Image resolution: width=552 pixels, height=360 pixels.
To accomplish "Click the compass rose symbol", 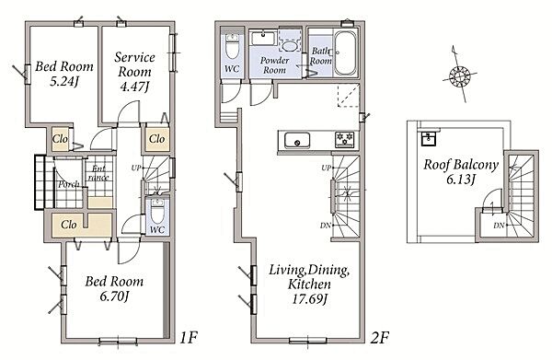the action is (459, 75).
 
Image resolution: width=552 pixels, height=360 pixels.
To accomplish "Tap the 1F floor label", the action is (188, 338).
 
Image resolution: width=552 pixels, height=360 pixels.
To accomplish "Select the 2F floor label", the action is (379, 338).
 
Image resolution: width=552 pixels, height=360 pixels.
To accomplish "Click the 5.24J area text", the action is (63, 81).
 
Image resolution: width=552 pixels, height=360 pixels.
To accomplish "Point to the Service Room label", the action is (134, 64).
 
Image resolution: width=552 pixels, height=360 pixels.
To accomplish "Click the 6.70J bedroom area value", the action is (113, 296).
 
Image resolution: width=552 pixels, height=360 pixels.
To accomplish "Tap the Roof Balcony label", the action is (461, 164).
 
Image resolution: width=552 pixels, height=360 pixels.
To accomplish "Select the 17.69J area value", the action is (309, 299).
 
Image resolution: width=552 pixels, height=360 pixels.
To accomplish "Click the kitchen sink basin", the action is (297, 140).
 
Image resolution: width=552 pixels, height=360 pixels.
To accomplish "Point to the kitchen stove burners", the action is (345, 139).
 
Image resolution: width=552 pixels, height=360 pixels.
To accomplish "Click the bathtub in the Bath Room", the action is (345, 53).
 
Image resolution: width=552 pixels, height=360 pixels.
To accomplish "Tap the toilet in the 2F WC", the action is (232, 46).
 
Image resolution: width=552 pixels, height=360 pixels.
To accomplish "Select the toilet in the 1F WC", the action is (157, 211).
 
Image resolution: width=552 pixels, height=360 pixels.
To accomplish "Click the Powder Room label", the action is (274, 65).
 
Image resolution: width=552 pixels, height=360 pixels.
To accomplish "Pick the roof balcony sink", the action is (429, 139).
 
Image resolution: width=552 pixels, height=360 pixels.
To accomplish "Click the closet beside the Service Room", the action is (156, 139).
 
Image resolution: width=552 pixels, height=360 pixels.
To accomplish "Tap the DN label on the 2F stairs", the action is (325, 225).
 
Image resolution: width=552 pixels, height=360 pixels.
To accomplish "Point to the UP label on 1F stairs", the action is (136, 168).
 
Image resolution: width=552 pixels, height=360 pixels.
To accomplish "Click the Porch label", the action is (68, 184).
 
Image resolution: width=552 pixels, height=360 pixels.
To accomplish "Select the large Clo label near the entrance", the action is (69, 225).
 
